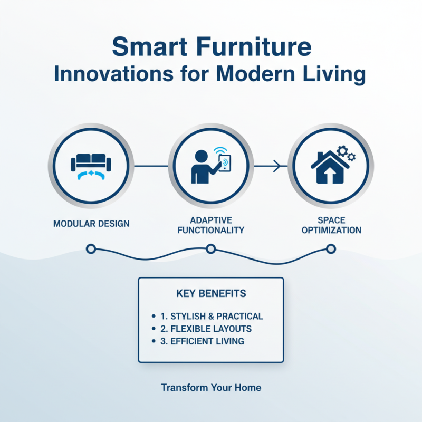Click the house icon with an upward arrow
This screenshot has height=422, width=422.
pos(328,168)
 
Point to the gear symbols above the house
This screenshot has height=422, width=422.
pos(346,154)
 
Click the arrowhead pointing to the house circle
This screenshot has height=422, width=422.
pos(278,167)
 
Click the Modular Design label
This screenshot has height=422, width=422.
pos(91,224)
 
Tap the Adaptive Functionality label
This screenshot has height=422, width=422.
pos(210,225)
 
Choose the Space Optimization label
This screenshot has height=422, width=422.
pos(332,225)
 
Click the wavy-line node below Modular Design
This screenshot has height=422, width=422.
pos(90,248)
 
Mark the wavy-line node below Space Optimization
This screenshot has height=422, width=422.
pos(331,248)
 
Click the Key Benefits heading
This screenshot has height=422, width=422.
pos(210,293)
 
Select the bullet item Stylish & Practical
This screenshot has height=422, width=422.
pos(212,316)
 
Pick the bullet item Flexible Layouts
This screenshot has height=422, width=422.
pos(206,329)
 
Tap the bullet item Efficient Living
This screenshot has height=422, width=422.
pos(203,341)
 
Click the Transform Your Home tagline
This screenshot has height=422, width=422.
pos(211,388)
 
